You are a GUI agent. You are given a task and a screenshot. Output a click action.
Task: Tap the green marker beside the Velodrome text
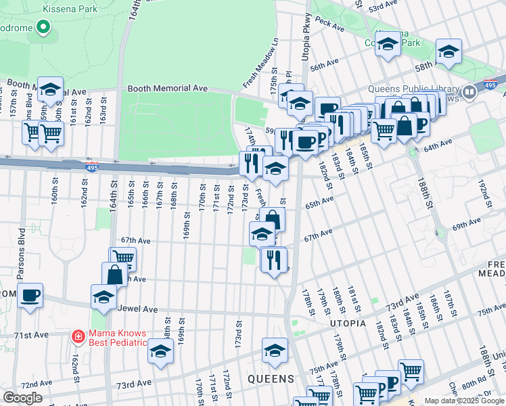pyautogui.click(x=43, y=28)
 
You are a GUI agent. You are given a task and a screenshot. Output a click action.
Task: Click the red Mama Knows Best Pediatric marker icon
pyautogui.click(x=78, y=336)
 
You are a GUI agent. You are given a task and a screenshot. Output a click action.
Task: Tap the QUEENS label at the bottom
pyautogui.click(x=271, y=378)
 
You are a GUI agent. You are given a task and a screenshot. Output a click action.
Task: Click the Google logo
pyautogui.click(x=22, y=398)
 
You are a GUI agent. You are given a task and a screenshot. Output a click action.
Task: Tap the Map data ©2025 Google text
pyautogui.click(x=464, y=401)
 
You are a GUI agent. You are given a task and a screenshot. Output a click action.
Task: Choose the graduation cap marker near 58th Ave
pyautogui.click(x=448, y=51)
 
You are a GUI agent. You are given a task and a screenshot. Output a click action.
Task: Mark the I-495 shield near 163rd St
pyautogui.click(x=92, y=166)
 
